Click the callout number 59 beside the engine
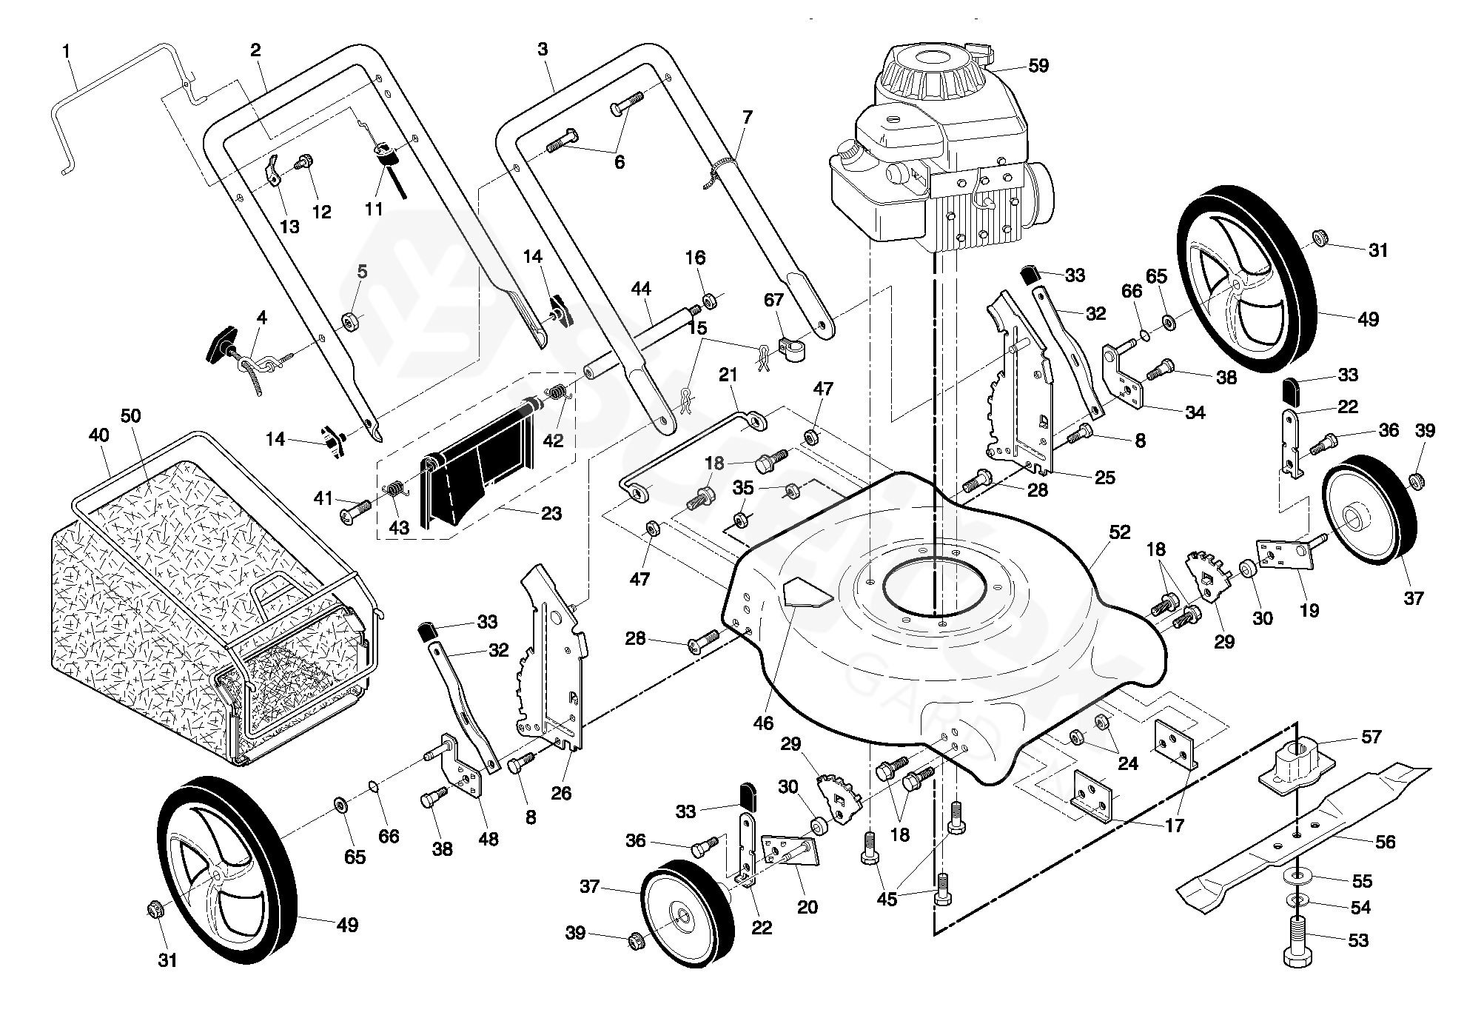pyautogui.click(x=1038, y=66)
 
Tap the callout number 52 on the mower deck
pyautogui.click(x=1120, y=532)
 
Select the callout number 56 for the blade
pyautogui.click(x=1384, y=842)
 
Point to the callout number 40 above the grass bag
pyautogui.click(x=98, y=435)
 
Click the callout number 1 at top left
pyautogui.click(x=67, y=52)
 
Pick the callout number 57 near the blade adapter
pyautogui.click(x=1371, y=737)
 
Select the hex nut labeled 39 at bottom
pyautogui.click(x=634, y=940)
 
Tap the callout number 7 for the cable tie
pyautogui.click(x=747, y=117)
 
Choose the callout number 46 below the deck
pyautogui.click(x=763, y=723)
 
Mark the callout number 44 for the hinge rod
pyautogui.click(x=641, y=289)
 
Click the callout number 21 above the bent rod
pyautogui.click(x=728, y=375)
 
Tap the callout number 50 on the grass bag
pyautogui.click(x=130, y=415)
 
